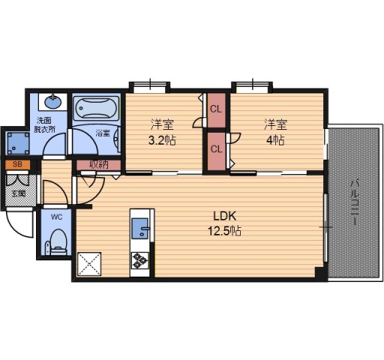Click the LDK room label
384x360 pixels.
224,216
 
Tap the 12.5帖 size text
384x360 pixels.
225,231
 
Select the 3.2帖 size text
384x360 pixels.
162,140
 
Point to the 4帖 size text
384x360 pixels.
275,140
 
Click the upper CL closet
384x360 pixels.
216,110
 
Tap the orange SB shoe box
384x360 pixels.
17,164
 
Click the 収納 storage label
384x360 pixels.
99,165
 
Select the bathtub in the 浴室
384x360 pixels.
96,108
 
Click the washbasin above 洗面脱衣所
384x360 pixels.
52,102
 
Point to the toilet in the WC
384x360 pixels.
58,242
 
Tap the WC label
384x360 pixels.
56,217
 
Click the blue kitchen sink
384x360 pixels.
140,228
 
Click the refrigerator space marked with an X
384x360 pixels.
89,264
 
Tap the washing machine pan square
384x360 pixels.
18,143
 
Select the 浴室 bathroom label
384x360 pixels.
103,133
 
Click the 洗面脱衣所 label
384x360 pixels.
45,124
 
